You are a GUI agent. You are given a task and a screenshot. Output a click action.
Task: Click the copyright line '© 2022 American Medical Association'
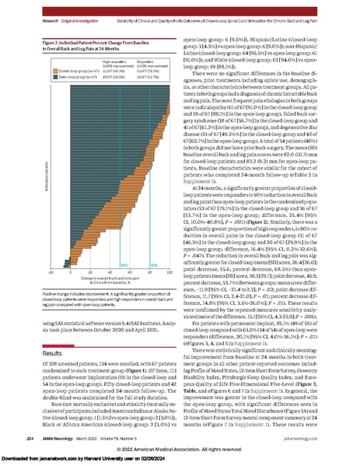coord(180,450)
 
